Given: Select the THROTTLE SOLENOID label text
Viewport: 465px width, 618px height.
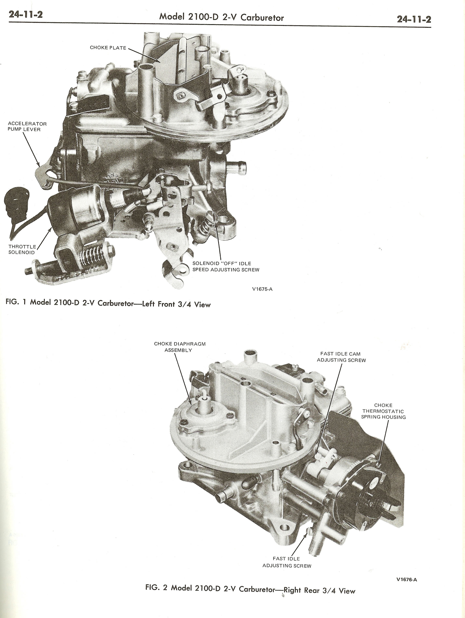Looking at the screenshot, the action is pos(22,249).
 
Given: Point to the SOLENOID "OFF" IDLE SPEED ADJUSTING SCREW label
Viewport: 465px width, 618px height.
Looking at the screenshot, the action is pos(226,267).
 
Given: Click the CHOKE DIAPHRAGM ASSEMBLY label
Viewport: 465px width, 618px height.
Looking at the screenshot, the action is pos(180,347).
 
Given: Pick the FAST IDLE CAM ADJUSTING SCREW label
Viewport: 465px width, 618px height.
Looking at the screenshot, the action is pos(341,357).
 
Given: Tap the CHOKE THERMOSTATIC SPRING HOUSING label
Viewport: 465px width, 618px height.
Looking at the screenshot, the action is pos(383,411).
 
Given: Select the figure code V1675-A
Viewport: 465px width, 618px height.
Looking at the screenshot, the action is pos(262,289).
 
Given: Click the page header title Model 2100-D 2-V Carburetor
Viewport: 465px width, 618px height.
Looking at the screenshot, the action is pos(221,17).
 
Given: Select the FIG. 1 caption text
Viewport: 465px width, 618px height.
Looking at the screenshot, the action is pos(108,304).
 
